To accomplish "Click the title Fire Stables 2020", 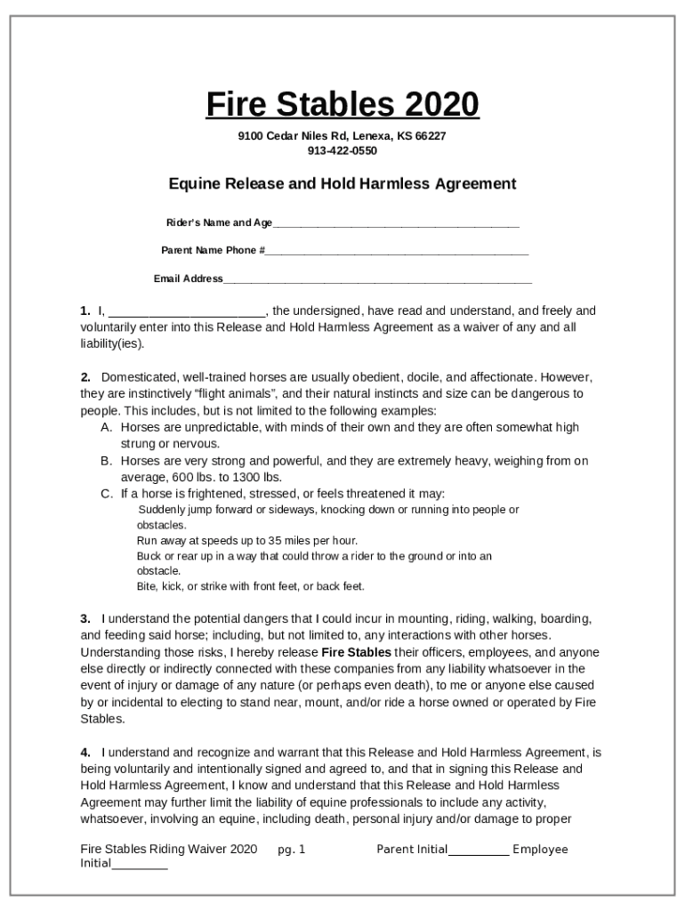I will point(342,105).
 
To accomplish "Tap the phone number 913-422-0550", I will point(342,150).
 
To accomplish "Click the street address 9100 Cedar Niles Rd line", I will point(342,136).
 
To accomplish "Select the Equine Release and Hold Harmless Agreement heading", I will point(342,184).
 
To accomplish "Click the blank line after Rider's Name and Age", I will point(396,224).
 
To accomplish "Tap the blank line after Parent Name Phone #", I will point(397,252).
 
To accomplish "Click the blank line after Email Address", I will point(377,280).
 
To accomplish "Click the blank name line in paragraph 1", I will point(186,312).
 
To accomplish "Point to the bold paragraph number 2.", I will point(85,377).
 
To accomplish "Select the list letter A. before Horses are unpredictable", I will point(106,428).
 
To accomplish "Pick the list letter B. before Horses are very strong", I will point(106,462).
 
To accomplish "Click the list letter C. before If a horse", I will point(106,494).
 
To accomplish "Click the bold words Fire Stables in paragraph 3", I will point(356,652).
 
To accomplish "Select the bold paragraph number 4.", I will point(85,752).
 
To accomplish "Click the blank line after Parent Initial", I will point(479,851).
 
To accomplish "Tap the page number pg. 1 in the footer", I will point(291,850).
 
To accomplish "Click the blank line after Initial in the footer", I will point(140,865).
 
